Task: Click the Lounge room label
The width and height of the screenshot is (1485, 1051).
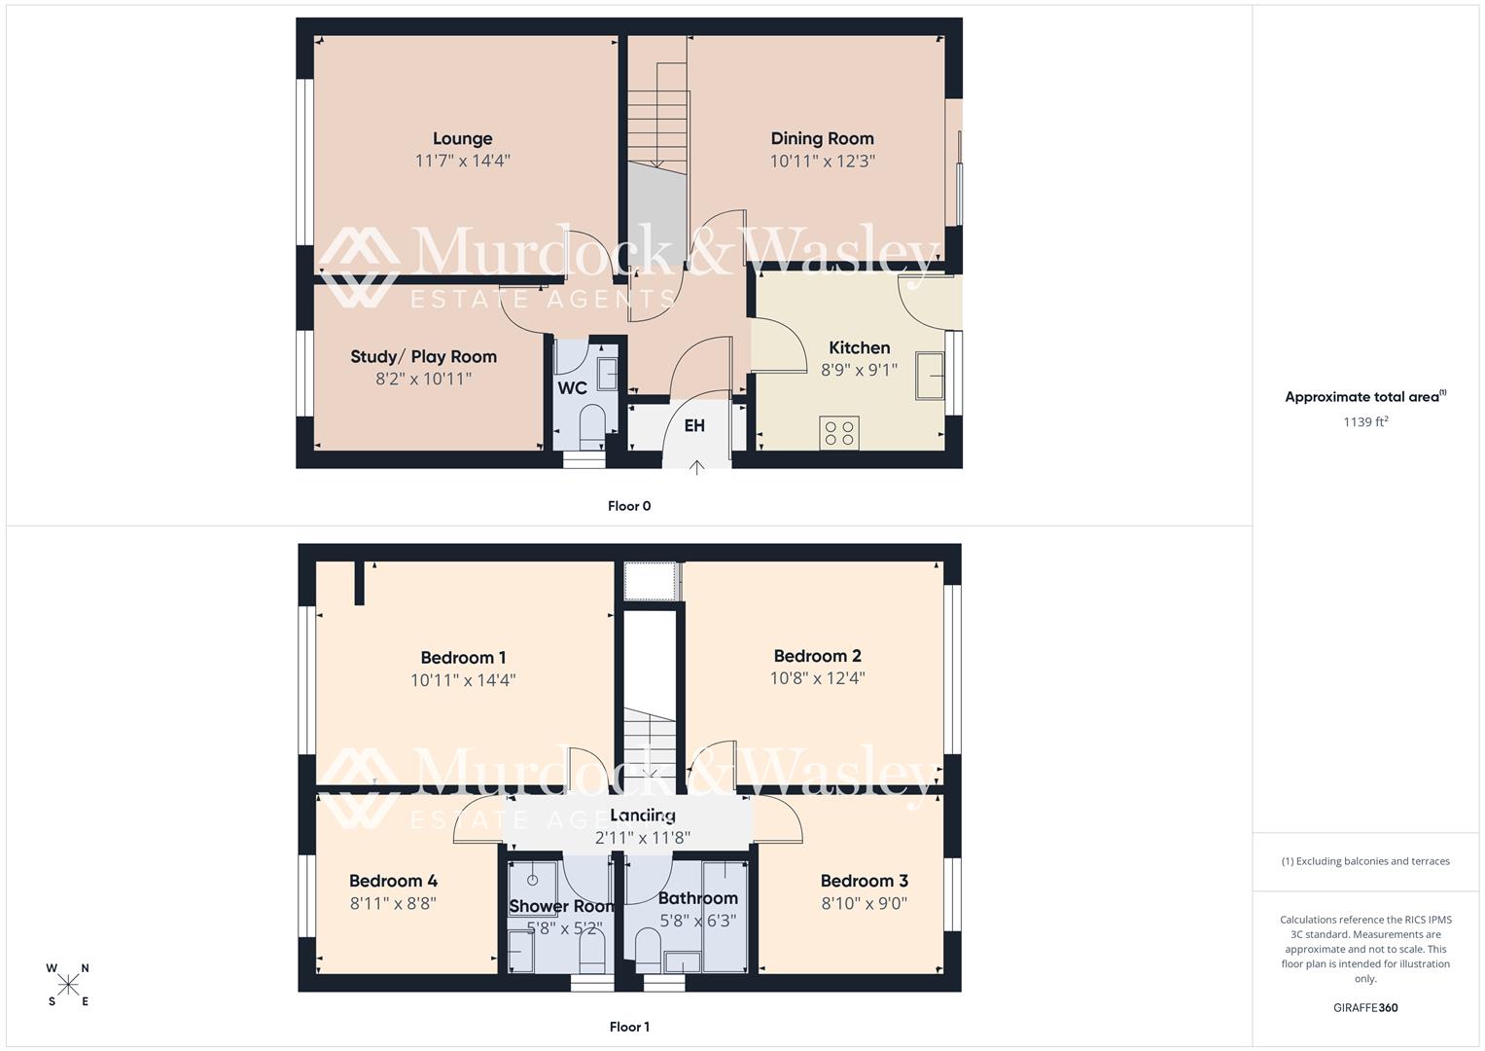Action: pos(462,139)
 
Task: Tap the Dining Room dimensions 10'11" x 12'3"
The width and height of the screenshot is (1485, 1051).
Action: pos(822,162)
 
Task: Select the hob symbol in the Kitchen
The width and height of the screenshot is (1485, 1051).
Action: pos(839,432)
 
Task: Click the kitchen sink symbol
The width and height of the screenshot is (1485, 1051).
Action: pos(930,376)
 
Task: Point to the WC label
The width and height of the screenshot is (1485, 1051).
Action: pos(572,388)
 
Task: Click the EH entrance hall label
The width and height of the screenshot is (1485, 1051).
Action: pos(694,426)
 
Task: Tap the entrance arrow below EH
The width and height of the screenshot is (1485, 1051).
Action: pos(696,468)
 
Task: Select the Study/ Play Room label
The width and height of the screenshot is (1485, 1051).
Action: pos(423,357)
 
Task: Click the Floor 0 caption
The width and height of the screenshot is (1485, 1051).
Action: pos(629,506)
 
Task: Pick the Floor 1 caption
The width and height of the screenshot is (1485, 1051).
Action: pos(629,1027)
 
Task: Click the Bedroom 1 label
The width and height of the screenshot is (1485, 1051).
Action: pos(463,658)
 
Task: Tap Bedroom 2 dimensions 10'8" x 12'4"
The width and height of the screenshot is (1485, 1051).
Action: pos(817,678)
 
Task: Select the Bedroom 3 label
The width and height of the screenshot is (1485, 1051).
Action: pos(864,881)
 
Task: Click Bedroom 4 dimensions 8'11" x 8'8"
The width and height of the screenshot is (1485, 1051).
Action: pos(393,903)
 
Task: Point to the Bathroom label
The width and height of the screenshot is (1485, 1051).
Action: pos(697,898)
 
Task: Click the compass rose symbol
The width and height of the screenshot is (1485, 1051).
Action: pos(68,985)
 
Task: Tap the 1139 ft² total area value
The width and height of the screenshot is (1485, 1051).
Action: pos(1365,421)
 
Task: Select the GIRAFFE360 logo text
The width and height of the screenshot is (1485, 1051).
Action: pos(1365,1007)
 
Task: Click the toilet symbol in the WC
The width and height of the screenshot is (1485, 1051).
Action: pos(591,423)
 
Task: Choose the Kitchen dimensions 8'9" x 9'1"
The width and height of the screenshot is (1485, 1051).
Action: pos(859,370)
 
